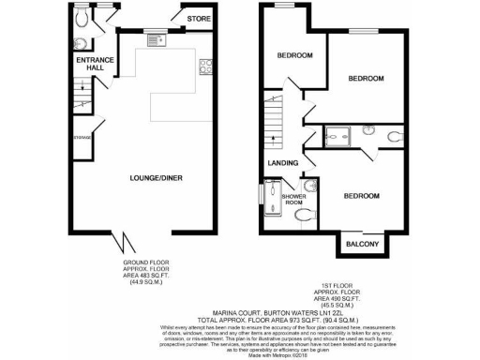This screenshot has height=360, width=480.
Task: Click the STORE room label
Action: [198, 18]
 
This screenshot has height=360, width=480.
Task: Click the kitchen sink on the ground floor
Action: [156, 39]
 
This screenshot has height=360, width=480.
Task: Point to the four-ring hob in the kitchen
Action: [205, 67]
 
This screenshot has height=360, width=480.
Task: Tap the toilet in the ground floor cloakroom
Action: [81, 17]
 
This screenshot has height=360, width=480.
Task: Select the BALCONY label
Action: [363, 244]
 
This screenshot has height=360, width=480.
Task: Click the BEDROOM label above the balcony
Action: [360, 196]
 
